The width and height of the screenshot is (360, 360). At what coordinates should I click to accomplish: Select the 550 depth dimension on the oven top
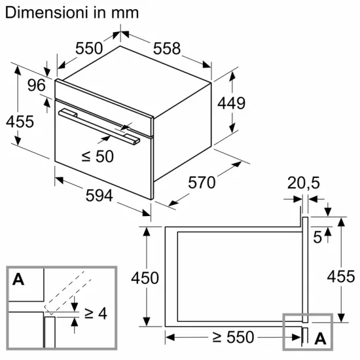point(89,48)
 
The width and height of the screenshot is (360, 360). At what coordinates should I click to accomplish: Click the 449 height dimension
point(232,103)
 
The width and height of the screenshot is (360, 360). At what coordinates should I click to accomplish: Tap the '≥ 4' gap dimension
point(94,314)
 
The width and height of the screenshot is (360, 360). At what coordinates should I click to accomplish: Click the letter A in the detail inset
point(18,279)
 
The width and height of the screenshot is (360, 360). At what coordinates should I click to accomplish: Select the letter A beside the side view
point(321,339)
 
